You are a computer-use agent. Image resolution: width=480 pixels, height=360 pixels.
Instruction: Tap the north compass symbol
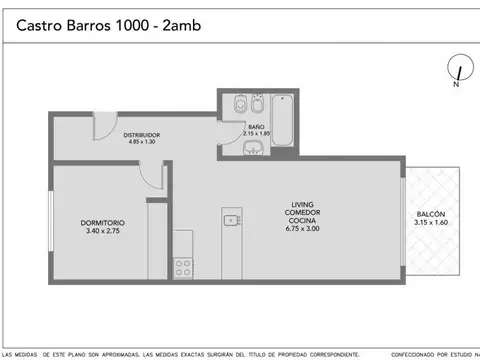(457, 71)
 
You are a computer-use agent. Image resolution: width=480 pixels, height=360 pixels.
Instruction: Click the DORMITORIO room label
(102, 223)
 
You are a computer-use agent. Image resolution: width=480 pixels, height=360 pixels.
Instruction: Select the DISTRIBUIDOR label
(142, 135)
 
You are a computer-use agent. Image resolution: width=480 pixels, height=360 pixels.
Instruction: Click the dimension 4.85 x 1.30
(142, 143)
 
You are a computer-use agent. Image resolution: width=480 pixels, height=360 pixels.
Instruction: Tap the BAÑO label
(256, 126)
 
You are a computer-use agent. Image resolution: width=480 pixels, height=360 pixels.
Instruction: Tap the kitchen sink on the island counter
(231, 220)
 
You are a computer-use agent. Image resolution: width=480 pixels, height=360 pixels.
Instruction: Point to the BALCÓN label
(432, 215)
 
